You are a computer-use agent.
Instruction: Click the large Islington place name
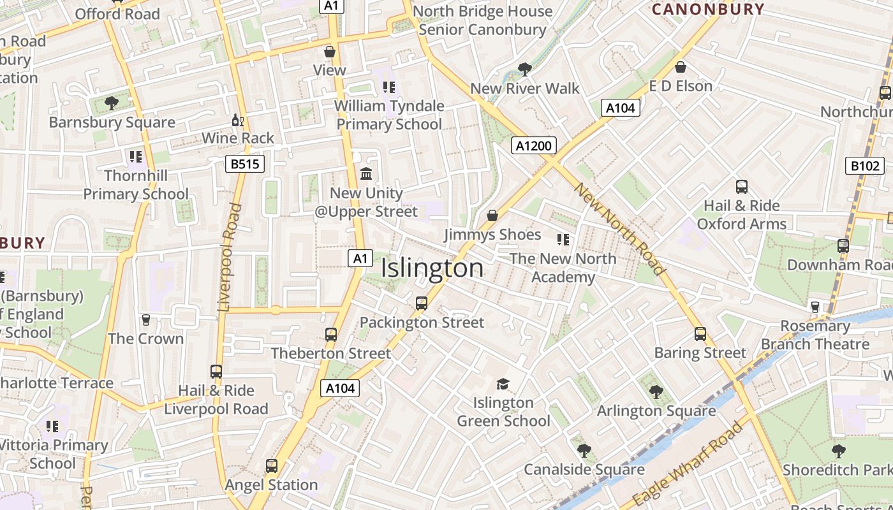coord(432,268)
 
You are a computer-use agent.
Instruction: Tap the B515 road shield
coord(245,164)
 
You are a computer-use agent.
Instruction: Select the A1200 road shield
coord(533,146)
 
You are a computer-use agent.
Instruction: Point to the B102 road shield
coord(865,166)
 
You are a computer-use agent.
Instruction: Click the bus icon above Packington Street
coord(421,303)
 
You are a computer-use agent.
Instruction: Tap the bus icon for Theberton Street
coord(330,335)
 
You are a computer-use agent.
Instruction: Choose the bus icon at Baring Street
coord(700,334)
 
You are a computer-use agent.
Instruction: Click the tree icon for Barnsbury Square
coord(112,103)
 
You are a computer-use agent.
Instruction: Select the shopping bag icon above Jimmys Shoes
coord(492,215)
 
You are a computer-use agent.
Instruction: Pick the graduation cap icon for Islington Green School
coord(503,384)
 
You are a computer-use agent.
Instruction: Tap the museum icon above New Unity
coord(366,173)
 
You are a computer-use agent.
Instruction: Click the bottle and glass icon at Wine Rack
coord(237,120)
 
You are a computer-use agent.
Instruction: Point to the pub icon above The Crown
coord(146,319)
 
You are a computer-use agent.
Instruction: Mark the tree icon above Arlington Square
coord(656,392)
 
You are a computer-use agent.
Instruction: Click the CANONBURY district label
coord(707,9)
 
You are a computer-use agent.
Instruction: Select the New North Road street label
coord(619,228)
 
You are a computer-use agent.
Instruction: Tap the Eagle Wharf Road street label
coord(690,462)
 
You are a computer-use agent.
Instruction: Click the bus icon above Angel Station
coord(272,466)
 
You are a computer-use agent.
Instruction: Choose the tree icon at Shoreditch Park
coord(838,451)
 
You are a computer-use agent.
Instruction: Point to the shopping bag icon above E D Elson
coord(681,67)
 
